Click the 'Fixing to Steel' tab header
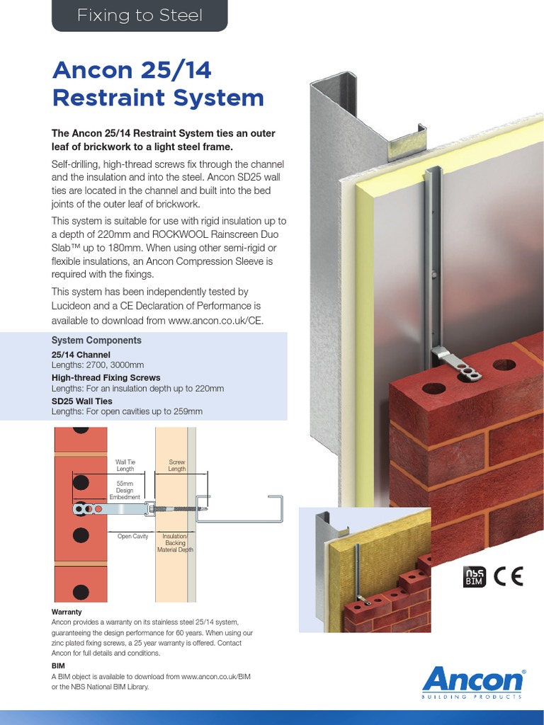click(x=139, y=16)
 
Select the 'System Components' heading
click(x=96, y=341)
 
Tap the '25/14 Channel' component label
click(x=81, y=354)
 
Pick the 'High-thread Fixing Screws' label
click(x=106, y=378)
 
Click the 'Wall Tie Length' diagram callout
click(x=125, y=464)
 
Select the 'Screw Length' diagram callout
click(x=176, y=464)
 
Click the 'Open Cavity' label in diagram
click(x=132, y=537)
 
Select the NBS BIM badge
click(x=474, y=577)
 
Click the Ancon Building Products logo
click(x=472, y=683)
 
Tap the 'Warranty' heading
click(x=67, y=611)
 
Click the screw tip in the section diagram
click(x=205, y=508)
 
